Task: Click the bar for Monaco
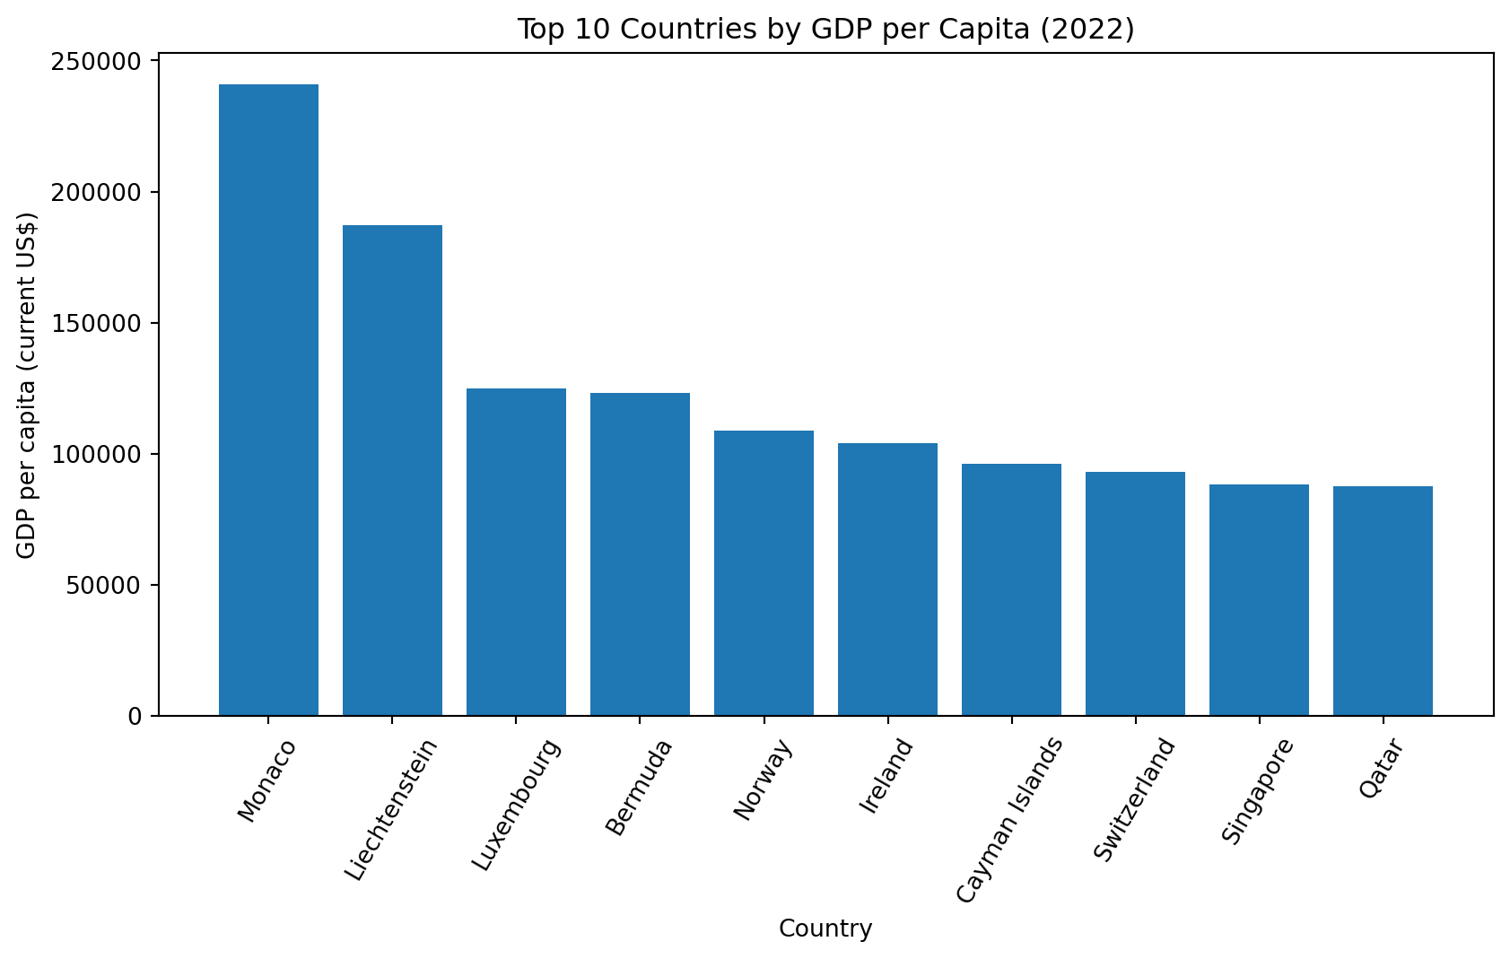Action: (268, 400)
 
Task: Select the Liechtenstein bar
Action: (392, 470)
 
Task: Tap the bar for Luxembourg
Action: (516, 552)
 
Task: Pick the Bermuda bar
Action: (640, 554)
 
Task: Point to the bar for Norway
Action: (764, 573)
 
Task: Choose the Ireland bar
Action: (887, 580)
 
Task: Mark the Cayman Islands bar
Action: (1011, 589)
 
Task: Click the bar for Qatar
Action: (1383, 601)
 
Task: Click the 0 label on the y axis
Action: (135, 717)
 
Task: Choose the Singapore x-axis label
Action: (1258, 791)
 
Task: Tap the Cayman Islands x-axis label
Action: (1009, 820)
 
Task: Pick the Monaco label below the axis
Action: (266, 780)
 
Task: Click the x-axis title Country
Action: (825, 928)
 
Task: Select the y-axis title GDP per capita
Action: (27, 385)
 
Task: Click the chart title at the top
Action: (825, 30)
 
